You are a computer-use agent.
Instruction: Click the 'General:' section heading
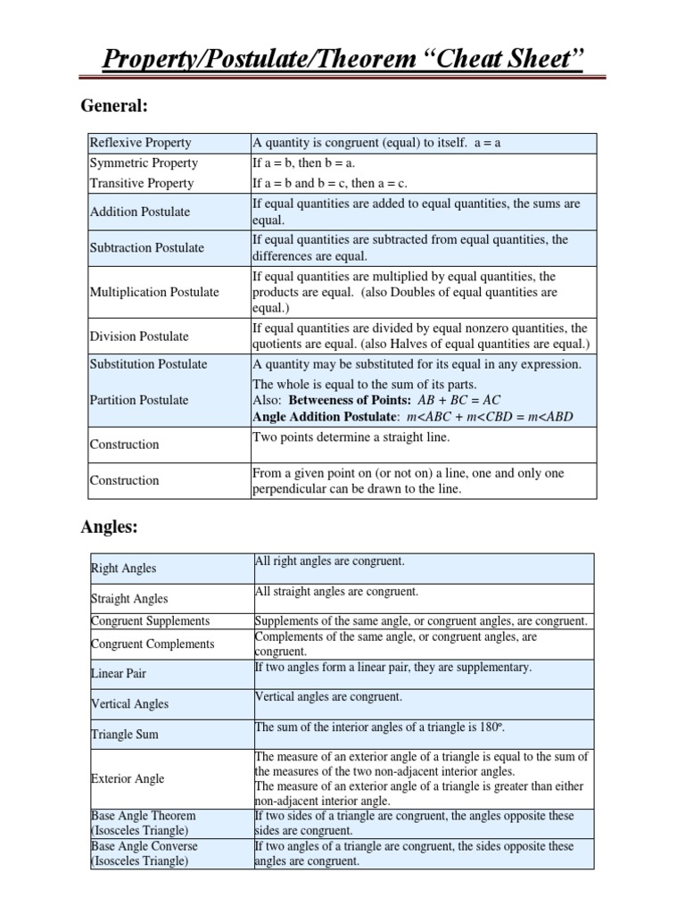point(113,106)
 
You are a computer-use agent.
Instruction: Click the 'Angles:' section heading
point(109,528)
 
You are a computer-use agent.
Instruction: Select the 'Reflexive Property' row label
point(140,143)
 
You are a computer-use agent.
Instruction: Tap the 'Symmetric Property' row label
point(143,163)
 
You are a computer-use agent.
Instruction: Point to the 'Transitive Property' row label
point(141,183)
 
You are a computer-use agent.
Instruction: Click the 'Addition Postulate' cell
point(140,212)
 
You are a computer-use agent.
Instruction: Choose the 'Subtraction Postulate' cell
point(146,247)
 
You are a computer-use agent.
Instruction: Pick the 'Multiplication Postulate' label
point(154,292)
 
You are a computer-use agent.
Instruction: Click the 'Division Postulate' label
point(139,337)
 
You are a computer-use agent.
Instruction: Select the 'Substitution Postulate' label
point(148,364)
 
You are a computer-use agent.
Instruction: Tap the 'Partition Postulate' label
point(138,400)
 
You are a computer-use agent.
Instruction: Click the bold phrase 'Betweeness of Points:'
point(350,401)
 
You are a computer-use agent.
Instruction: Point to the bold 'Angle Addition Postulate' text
point(324,417)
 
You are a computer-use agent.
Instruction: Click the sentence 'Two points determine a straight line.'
point(351,436)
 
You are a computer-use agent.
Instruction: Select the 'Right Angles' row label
point(123,569)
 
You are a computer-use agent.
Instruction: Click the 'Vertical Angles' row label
point(129,704)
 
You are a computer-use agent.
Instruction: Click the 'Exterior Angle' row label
point(128,778)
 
